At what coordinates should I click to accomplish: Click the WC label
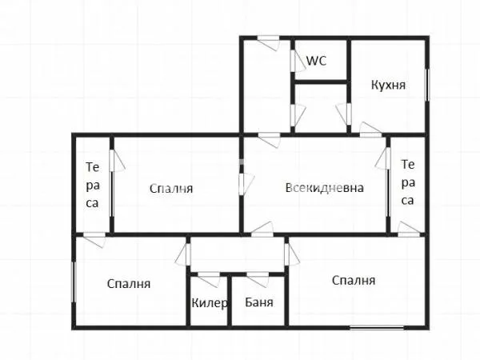(317, 61)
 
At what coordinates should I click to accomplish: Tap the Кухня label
(390, 85)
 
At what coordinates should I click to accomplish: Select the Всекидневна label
(324, 189)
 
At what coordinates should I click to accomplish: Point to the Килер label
(210, 303)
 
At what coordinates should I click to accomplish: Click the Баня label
(260, 303)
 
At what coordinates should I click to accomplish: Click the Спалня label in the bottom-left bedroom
(129, 283)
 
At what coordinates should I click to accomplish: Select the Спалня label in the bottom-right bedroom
(353, 280)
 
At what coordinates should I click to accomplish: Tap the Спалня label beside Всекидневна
(172, 189)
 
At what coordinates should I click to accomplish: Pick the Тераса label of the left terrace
(93, 185)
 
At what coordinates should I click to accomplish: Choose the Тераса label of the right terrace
(408, 182)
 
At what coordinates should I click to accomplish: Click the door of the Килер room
(209, 278)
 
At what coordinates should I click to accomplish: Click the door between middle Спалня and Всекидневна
(242, 183)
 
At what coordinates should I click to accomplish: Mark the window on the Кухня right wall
(428, 86)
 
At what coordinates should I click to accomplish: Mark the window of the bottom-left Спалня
(74, 282)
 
